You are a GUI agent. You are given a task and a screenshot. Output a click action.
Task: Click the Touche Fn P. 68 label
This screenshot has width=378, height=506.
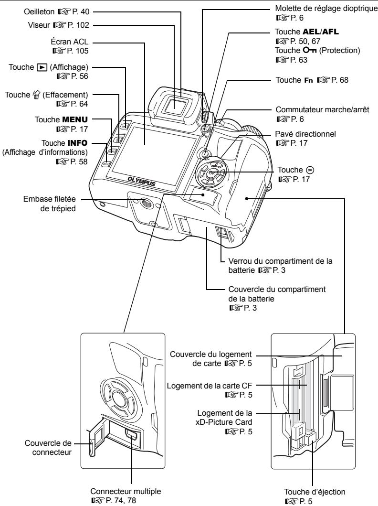322,80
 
